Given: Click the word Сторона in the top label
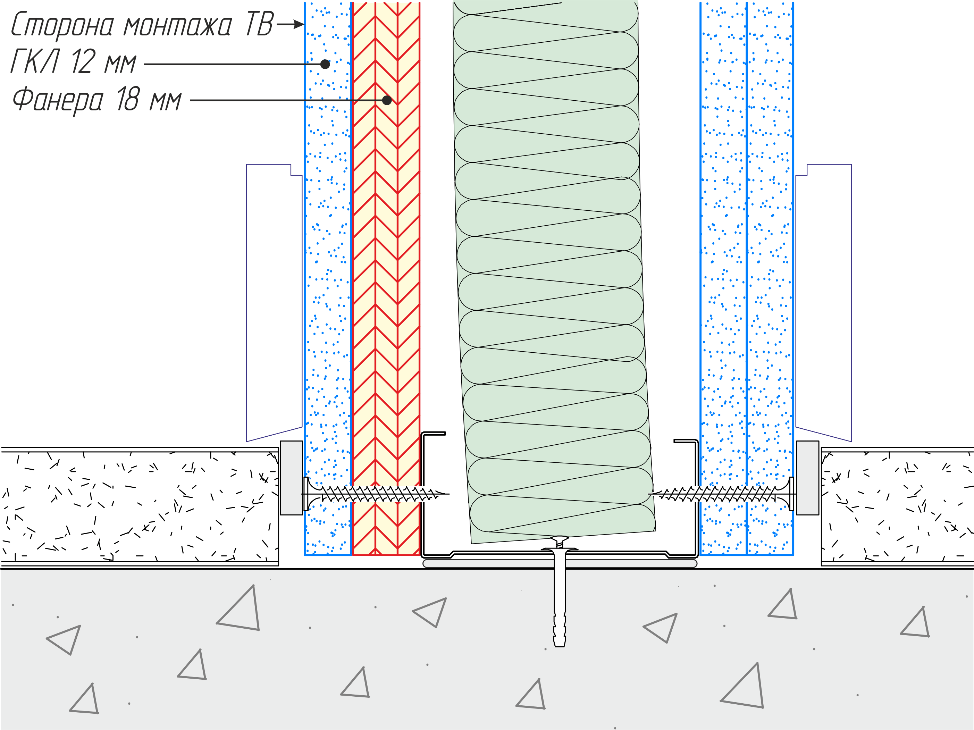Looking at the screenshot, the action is (62, 25).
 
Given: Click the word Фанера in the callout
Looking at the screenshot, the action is (58, 100).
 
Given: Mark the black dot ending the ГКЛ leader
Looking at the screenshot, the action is (325, 64).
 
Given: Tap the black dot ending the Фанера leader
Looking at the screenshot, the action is (387, 100).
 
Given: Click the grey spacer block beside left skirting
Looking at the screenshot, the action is (292, 478).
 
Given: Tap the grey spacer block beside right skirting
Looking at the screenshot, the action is (807, 478).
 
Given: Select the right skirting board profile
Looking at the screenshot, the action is (823, 303).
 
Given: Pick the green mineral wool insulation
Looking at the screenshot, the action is (551, 273).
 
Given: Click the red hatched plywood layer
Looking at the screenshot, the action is (386, 277).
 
